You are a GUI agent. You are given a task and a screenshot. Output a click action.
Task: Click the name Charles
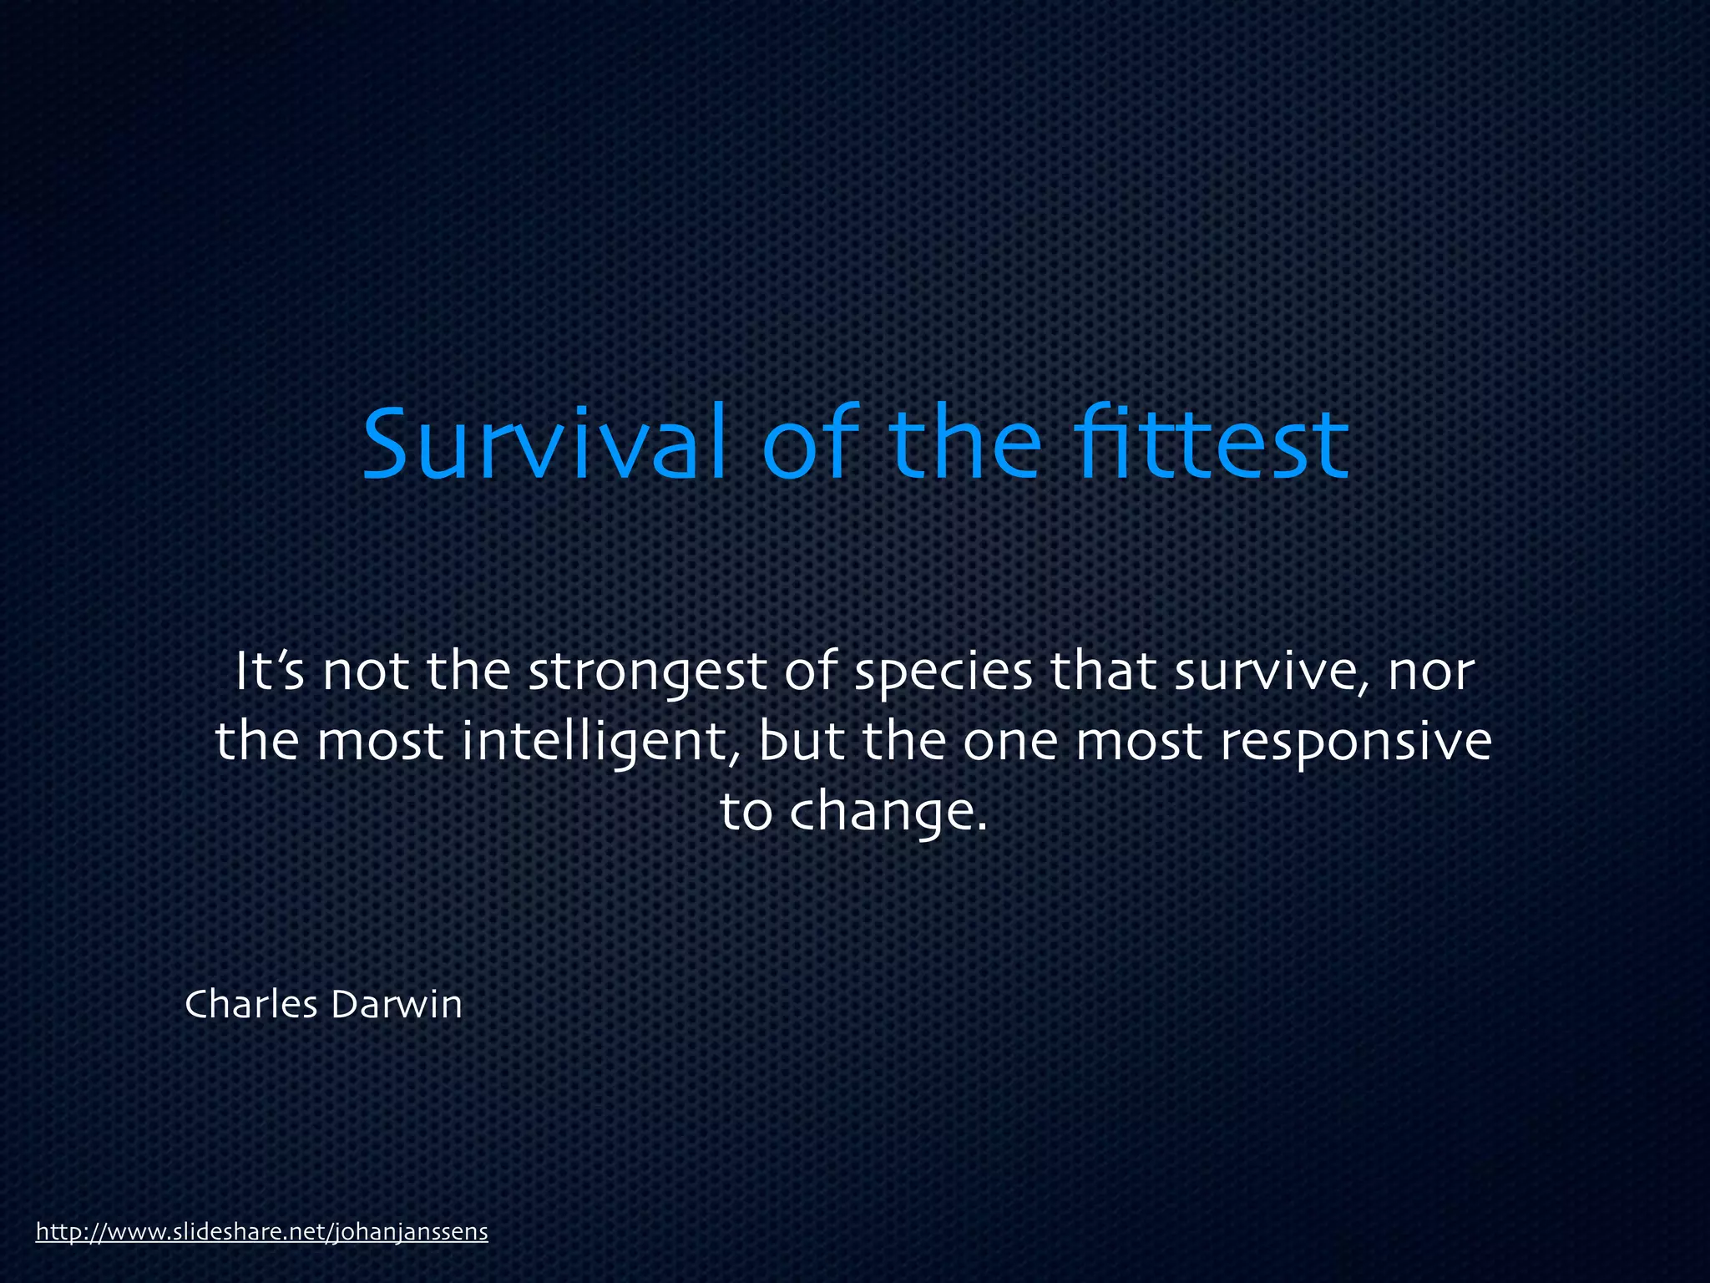(251, 1004)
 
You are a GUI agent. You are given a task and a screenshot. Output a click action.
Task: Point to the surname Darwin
(397, 1004)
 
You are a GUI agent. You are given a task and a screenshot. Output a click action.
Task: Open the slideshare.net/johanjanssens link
(261, 1232)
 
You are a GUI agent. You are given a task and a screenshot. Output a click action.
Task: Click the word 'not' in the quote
(365, 673)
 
